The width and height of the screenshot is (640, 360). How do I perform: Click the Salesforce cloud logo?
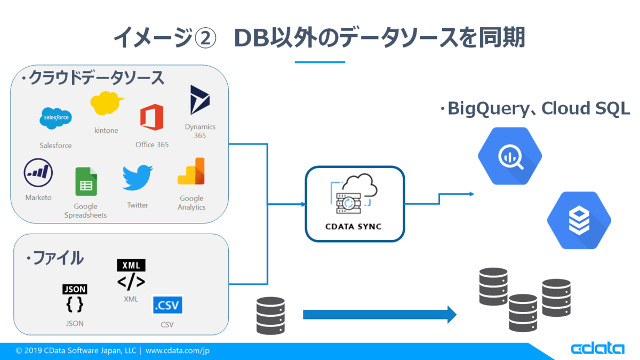tap(55, 118)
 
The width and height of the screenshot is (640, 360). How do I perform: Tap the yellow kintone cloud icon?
tap(107, 103)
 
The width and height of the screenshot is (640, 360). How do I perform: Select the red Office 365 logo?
tap(151, 117)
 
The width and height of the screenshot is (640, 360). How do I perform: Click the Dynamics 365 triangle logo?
tap(199, 100)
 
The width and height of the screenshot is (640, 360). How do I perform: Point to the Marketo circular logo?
tap(38, 173)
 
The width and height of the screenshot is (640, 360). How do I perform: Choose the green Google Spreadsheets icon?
tap(86, 181)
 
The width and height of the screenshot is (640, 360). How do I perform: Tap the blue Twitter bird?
tap(138, 178)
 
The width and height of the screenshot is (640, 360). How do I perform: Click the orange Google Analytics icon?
tap(191, 171)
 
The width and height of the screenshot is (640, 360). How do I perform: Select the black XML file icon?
tap(131, 275)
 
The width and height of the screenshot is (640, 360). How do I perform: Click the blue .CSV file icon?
tap(167, 305)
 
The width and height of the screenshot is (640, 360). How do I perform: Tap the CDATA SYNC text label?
tap(354, 227)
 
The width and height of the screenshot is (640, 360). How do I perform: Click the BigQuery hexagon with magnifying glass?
tap(510, 156)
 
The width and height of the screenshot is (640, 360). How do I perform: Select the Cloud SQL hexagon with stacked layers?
tap(579, 220)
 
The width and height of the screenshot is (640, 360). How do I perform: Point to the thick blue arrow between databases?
tap(380, 315)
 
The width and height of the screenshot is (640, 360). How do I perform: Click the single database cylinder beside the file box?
tap(270, 315)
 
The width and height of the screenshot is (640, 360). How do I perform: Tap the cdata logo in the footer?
tap(597, 349)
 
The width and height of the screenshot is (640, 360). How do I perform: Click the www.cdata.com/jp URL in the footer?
tap(178, 350)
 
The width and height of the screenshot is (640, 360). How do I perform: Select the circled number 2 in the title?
tap(205, 38)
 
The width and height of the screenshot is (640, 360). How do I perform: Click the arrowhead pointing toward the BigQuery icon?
tap(471, 194)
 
